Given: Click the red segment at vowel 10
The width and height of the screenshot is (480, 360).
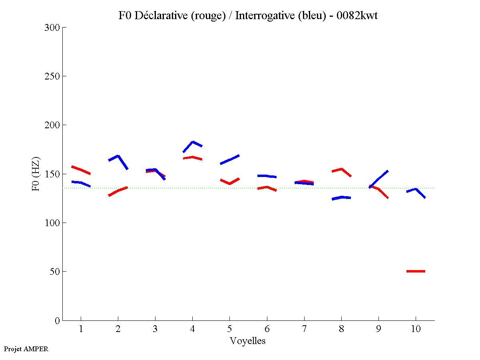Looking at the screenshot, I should [x=416, y=271].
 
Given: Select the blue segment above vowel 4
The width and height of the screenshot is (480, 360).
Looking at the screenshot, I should [x=193, y=142].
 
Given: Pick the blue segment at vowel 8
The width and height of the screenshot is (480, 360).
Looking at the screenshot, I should [x=341, y=197].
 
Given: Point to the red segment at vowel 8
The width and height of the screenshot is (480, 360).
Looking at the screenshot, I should [x=342, y=169].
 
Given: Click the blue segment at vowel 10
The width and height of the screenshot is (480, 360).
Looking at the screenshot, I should [x=416, y=189].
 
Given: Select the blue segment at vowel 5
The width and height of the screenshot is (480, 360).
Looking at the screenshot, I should [x=229, y=159].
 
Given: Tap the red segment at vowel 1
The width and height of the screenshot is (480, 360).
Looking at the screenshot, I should [x=81, y=170].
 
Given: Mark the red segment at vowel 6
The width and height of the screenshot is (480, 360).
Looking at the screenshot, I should [x=267, y=187].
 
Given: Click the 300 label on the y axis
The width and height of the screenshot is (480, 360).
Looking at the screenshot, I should [x=52, y=28].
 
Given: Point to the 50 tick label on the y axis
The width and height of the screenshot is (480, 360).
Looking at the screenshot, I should [x=54, y=272].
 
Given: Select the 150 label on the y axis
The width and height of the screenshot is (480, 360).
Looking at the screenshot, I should [x=52, y=174].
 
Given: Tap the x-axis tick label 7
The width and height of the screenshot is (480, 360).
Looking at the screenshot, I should [x=304, y=329].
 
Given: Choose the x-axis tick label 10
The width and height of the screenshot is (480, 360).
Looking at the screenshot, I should [x=416, y=329].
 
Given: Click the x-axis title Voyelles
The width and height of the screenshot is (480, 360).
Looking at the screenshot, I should [x=248, y=341].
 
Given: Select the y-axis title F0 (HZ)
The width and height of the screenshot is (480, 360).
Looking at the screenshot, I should [x=36, y=174].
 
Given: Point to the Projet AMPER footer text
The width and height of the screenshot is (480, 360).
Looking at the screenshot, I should [x=26, y=349].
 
